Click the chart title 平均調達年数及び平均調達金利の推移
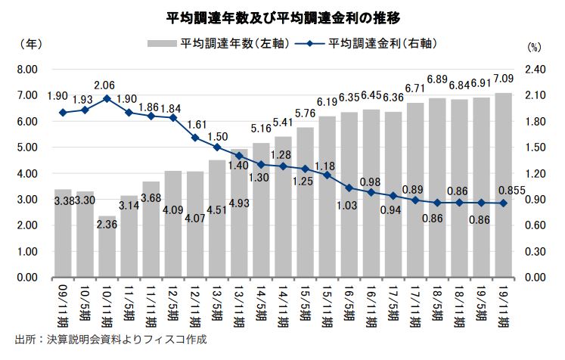(x=283, y=15)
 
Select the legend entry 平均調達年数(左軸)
(x=228, y=45)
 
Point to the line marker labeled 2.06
(x=107, y=98)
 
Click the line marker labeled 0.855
(x=502, y=203)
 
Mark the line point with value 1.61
(x=195, y=138)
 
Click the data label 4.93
(x=239, y=202)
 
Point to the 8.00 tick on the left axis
(x=26, y=70)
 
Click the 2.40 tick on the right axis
(x=535, y=70)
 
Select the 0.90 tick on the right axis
(x=535, y=200)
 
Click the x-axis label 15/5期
(x=305, y=306)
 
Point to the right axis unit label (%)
(x=535, y=47)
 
